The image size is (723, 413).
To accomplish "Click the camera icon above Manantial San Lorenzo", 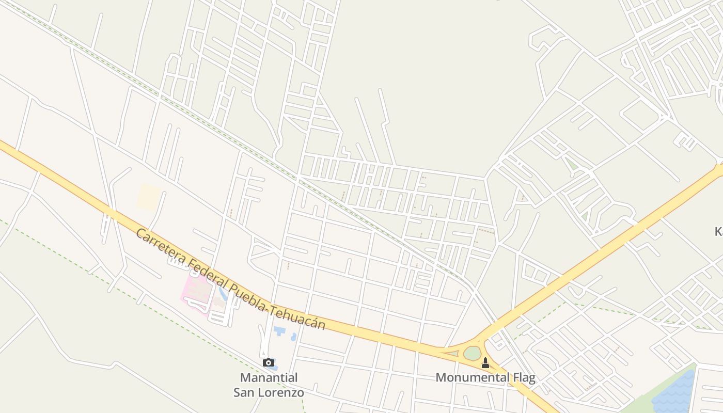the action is tap(268, 363).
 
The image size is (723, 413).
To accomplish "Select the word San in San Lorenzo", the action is tap(245, 392).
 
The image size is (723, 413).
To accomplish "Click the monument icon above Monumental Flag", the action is tap(485, 363).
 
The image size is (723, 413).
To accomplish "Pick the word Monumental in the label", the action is tap(466, 377).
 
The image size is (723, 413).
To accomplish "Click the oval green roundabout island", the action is tap(472, 354).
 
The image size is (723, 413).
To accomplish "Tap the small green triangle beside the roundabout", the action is tap(452, 354).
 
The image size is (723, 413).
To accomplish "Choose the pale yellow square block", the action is tap(149, 197).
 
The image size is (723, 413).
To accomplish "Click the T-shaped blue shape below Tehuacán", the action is tap(279, 330).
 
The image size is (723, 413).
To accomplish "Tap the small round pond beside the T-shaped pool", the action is tap(293, 338).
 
